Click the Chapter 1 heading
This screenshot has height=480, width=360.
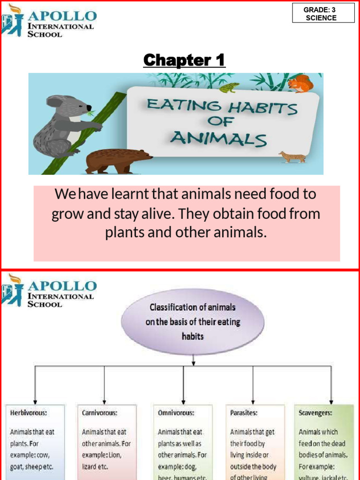tap(184, 60)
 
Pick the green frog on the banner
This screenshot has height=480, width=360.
tap(229, 88)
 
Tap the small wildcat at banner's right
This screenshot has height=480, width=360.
tap(292, 157)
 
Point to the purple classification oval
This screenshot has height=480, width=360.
tap(193, 321)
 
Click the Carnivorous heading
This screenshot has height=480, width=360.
tap(99, 413)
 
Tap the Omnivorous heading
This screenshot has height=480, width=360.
tap(176, 413)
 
